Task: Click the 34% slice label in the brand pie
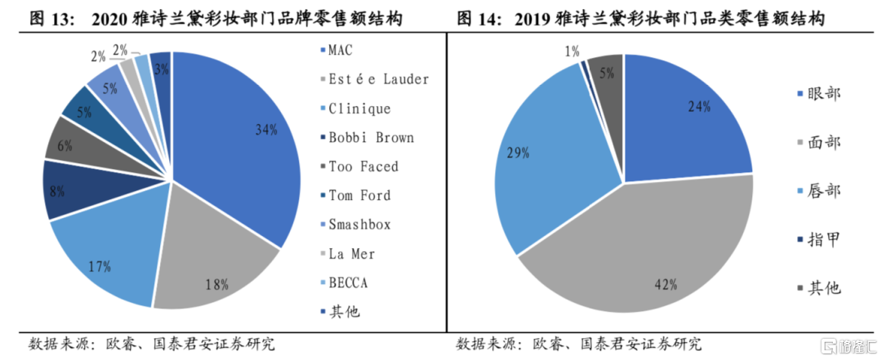(x=265, y=129)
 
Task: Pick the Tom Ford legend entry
(x=359, y=195)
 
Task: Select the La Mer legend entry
(x=351, y=254)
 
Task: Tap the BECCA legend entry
(x=350, y=282)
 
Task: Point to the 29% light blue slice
(x=563, y=163)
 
